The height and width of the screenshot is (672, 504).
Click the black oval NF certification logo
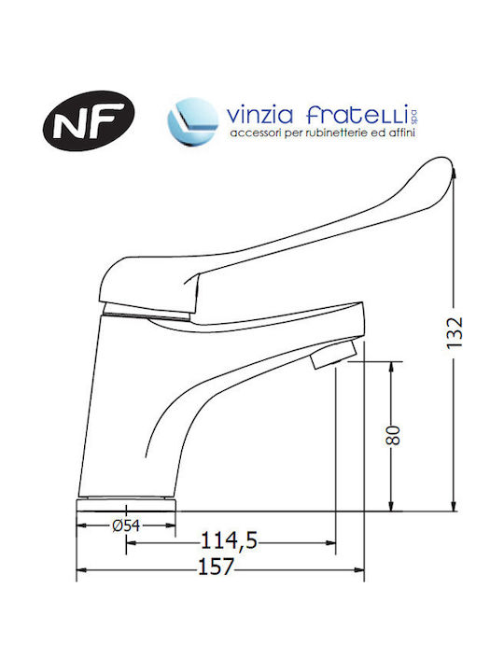click(89, 120)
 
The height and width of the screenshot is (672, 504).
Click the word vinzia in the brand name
click(259, 116)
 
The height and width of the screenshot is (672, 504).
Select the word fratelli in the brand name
click(357, 115)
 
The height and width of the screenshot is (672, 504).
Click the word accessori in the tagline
click(251, 133)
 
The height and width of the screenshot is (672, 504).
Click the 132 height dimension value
click(455, 332)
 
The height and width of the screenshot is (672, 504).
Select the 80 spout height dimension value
click(393, 436)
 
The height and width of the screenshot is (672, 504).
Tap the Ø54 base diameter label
click(126, 525)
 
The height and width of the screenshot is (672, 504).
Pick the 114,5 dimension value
click(230, 540)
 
